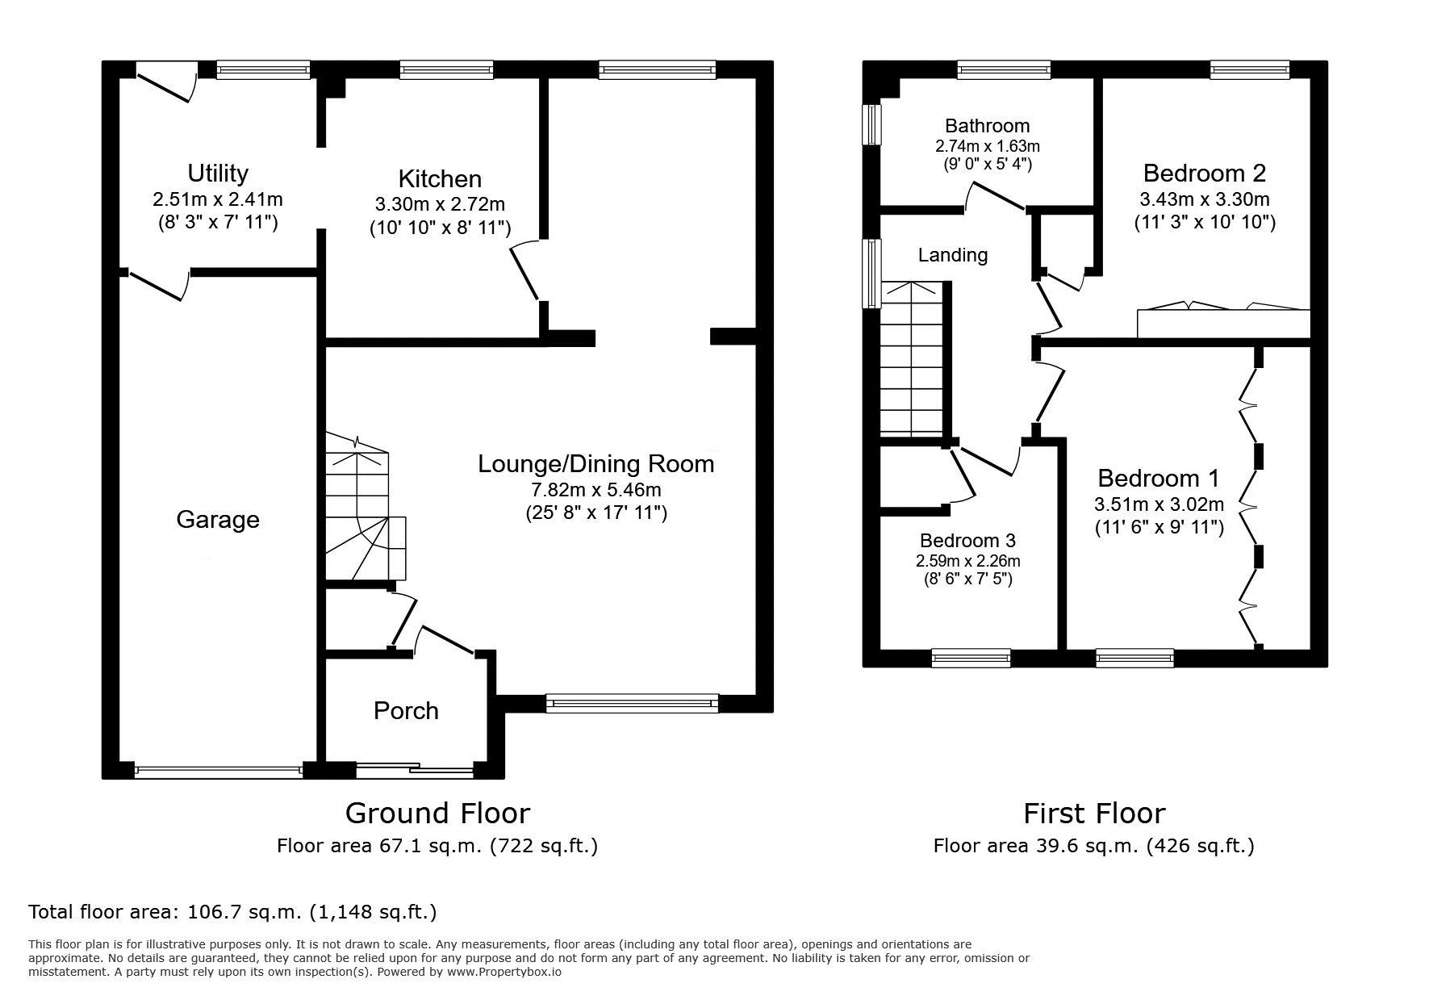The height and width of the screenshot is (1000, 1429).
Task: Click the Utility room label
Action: (218, 174)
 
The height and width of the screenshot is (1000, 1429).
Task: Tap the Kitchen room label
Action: (440, 178)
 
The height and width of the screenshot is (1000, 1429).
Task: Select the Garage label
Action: (218, 519)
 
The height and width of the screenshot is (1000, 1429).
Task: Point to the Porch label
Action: (406, 710)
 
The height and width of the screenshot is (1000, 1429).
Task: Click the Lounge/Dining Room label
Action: (596, 464)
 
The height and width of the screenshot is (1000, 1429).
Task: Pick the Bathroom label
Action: (988, 126)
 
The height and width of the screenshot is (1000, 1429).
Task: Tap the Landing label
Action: (953, 255)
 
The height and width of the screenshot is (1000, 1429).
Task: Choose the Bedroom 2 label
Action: (1205, 173)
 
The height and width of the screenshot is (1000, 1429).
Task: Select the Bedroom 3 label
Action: (967, 541)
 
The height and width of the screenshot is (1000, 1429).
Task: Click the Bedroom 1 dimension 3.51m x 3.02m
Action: (1159, 504)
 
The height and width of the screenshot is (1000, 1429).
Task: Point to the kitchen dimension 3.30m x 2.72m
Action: (440, 205)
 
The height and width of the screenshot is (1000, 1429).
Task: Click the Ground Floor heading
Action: (437, 812)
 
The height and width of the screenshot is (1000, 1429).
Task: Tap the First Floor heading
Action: (1094, 813)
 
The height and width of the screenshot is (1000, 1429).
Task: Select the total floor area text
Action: (232, 912)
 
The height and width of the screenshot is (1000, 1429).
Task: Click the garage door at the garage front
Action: (219, 771)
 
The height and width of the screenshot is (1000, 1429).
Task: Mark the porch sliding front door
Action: (415, 771)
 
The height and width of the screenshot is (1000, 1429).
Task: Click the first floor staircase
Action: (913, 360)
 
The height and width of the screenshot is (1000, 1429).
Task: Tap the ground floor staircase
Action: (365, 508)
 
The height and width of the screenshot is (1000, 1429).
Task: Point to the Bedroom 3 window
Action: (971, 659)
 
